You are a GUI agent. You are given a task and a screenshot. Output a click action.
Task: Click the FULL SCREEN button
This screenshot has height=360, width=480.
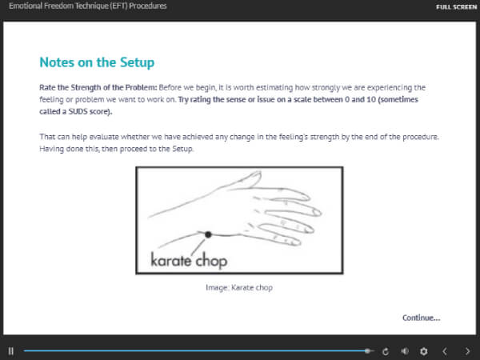click(456, 6)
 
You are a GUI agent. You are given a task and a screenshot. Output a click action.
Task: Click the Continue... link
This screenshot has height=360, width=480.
click(422, 318)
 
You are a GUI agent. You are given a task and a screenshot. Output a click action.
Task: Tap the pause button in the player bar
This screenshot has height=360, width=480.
click(11, 351)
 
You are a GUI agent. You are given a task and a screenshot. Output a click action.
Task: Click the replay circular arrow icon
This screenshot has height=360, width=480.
click(386, 351)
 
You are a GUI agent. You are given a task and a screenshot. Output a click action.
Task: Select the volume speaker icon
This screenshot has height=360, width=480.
click(405, 351)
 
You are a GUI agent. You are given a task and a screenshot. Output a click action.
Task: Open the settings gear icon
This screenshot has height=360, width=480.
click(424, 351)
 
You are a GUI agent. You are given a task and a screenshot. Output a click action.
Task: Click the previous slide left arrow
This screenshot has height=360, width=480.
click(445, 351)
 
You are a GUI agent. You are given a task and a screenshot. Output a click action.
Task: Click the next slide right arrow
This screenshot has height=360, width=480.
click(467, 351)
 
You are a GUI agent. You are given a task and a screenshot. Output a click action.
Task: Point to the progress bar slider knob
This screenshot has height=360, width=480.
click(367, 351)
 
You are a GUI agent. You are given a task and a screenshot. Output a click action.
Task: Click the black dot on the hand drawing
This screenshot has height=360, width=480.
click(208, 234)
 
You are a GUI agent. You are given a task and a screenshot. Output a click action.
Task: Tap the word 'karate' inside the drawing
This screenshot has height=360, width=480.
click(171, 260)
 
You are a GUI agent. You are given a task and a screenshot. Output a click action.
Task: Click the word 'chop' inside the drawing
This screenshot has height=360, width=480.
click(211, 262)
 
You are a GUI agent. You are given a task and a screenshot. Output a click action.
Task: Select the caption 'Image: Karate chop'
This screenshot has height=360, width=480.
click(239, 287)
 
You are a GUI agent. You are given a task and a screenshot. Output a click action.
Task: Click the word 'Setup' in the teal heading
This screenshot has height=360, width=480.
click(137, 62)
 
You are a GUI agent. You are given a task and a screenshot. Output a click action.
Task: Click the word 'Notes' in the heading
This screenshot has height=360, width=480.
click(57, 62)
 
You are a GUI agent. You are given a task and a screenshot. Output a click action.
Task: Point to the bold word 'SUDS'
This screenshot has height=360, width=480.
click(78, 111)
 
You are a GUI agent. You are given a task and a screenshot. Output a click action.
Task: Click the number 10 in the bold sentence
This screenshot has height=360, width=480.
click(371, 99)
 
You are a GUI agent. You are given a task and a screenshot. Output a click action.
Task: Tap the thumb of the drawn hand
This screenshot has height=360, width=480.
click(248, 180)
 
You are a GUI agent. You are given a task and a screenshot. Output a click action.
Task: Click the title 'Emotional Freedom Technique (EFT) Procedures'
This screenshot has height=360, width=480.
click(87, 6)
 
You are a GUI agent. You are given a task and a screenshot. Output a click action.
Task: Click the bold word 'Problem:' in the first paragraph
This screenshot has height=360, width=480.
click(141, 87)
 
